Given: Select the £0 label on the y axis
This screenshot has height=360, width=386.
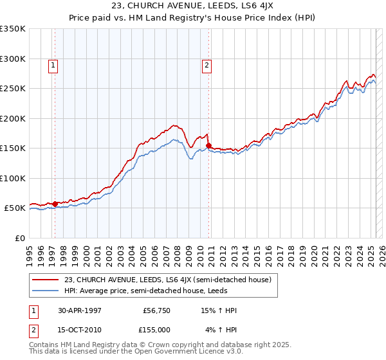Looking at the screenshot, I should pyautogui.click(x=19, y=238).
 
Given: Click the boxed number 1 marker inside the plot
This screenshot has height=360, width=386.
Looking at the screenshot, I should pyautogui.click(x=52, y=64).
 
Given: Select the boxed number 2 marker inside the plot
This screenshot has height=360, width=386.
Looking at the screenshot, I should pyautogui.click(x=207, y=64).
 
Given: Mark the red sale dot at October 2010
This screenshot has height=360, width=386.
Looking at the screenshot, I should pyautogui.click(x=209, y=145).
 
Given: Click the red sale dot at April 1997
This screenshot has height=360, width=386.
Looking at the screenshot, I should pyautogui.click(x=55, y=204).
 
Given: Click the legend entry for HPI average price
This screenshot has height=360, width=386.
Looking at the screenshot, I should pyautogui.click(x=152, y=291).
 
